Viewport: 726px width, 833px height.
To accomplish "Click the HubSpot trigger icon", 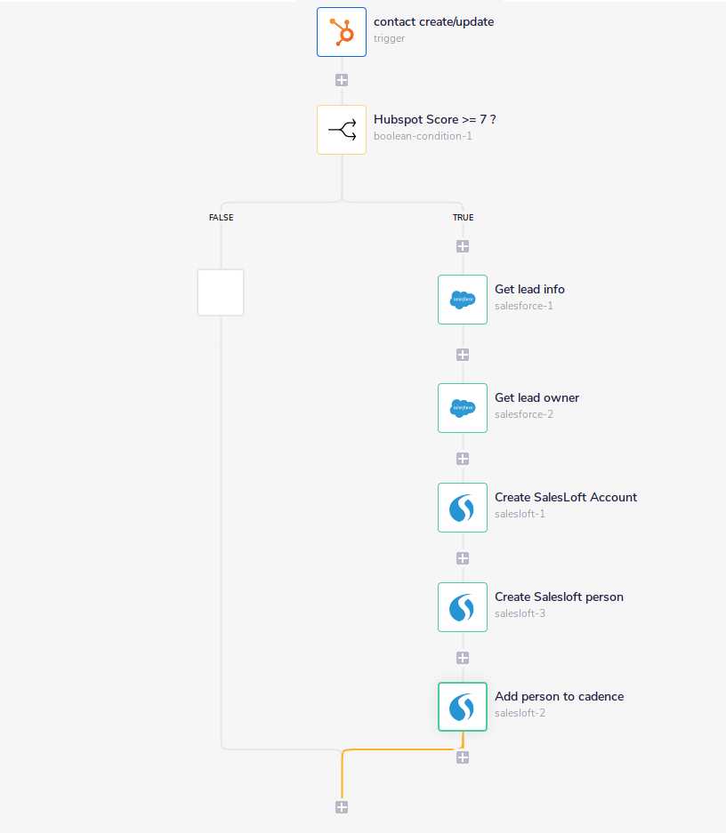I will tap(342, 32).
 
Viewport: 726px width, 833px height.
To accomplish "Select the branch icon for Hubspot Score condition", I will tap(342, 130).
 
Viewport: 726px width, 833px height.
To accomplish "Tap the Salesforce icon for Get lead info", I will tap(463, 300).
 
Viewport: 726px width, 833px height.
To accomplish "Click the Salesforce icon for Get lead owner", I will tap(463, 408).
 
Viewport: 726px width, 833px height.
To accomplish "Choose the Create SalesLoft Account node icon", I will tap(463, 508).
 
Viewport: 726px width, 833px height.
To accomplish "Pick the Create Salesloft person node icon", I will tap(463, 607).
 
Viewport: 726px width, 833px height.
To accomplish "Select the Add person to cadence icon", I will tap(463, 707).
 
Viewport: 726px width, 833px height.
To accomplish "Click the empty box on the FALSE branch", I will tap(221, 292).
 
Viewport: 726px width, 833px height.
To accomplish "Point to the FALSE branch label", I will tap(221, 217).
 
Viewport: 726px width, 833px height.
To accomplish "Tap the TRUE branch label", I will tap(463, 217).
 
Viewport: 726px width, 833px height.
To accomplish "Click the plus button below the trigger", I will tap(342, 80).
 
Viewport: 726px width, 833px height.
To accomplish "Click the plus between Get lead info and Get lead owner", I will tap(463, 355).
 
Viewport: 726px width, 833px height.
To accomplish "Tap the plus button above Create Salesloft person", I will tap(463, 558).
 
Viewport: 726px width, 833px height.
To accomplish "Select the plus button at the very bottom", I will tap(342, 807).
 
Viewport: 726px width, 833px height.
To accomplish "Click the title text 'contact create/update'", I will tap(433, 21).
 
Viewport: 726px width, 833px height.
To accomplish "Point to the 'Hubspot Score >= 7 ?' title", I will tap(434, 119).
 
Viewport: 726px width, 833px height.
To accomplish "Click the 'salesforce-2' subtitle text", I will tap(524, 414).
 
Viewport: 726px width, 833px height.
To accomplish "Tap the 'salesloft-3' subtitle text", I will tap(520, 613).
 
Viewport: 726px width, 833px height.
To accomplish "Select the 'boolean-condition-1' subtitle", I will tap(423, 136).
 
